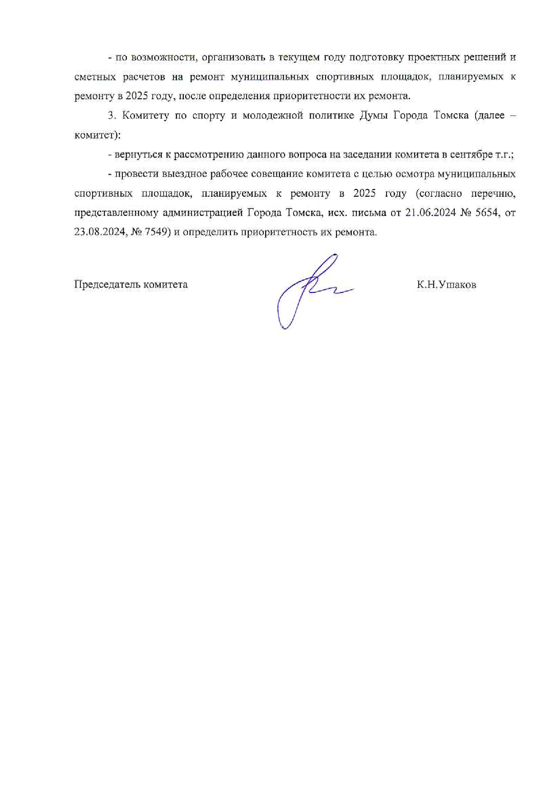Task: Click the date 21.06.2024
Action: [x=430, y=213]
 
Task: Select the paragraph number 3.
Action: [x=112, y=116]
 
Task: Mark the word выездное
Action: [x=183, y=174]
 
